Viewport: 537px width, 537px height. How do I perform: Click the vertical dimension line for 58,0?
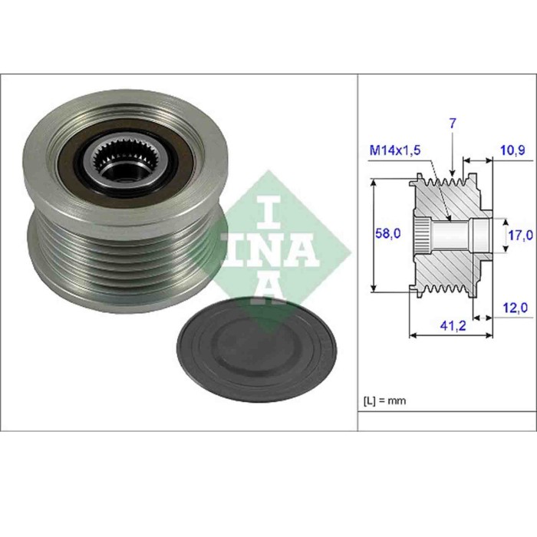(374, 234)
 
